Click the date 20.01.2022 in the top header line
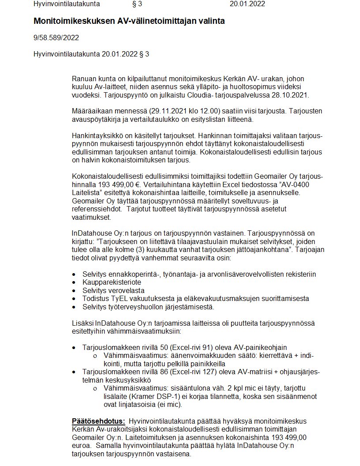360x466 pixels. tap(247, 4)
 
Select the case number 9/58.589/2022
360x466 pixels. tap(56, 38)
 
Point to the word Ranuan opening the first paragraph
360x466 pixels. tap(84, 79)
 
